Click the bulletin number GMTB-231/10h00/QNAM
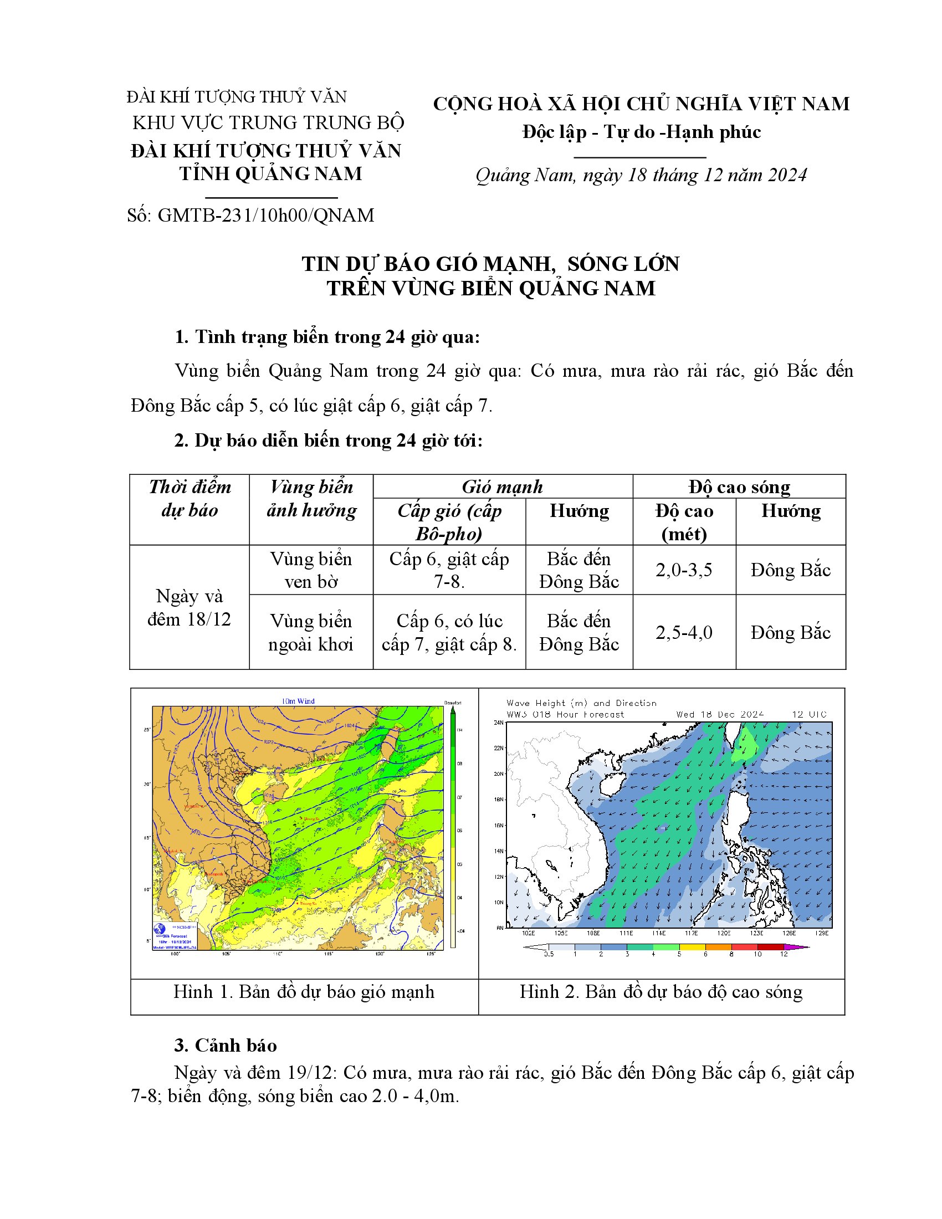coord(265,216)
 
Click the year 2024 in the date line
coord(787,175)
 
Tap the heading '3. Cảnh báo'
coord(226,1045)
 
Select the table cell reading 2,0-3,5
coord(684,570)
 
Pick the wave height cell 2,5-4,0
coord(684,632)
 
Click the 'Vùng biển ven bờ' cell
coord(311,570)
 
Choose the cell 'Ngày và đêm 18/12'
coord(189,607)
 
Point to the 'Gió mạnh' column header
coord(502,486)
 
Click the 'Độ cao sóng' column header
coord(739,486)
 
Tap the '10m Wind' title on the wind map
coord(298,701)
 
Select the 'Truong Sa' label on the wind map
coord(308,904)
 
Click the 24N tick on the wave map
coord(498,722)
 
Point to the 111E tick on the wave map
coord(626,933)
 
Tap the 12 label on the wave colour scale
coord(784,954)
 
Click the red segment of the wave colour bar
coord(744,946)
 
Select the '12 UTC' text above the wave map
coord(808,714)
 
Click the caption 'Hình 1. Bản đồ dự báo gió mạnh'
coord(304,991)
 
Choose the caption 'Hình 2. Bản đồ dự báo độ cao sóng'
coord(661,991)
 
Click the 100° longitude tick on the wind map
coord(175,954)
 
